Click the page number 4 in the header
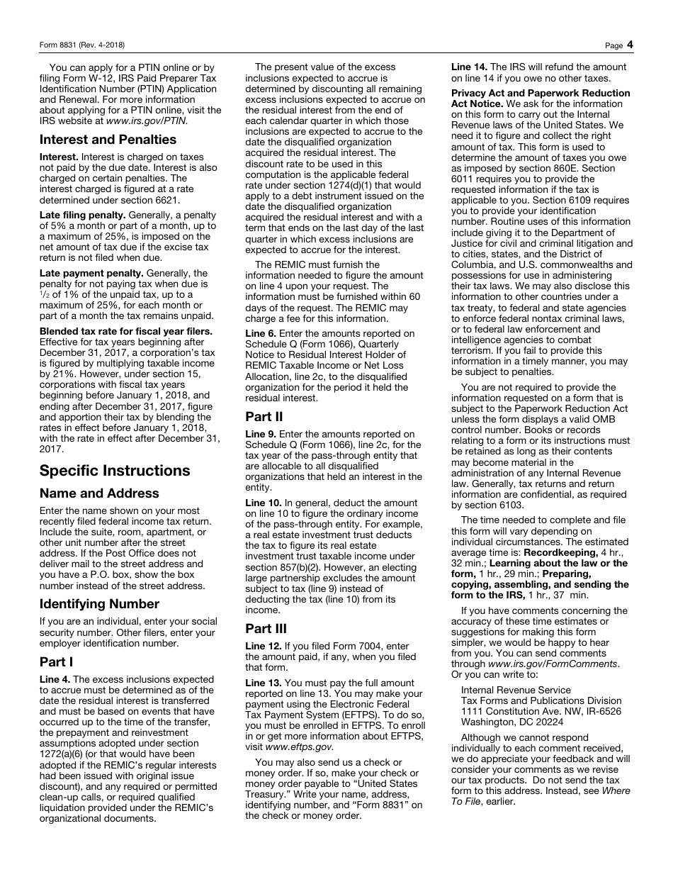(630, 45)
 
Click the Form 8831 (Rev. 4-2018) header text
(82, 45)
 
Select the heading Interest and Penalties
(108, 140)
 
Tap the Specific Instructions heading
(115, 471)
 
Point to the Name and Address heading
(99, 493)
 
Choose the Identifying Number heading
(99, 604)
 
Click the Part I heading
(57, 663)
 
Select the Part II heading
(264, 417)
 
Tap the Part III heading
(266, 629)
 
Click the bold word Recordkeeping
(561, 552)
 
